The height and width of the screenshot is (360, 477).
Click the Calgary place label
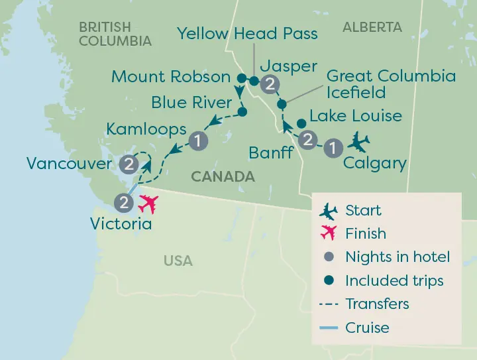coord(375,164)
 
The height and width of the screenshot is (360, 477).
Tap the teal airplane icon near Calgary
coord(360,141)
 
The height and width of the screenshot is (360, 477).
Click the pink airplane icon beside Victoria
coord(150,204)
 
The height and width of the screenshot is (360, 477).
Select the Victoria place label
coord(121,223)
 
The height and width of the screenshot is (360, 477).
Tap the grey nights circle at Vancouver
coord(130,164)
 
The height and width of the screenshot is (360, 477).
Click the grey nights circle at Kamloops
coord(199,140)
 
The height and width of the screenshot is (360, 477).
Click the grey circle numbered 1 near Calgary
coord(334,148)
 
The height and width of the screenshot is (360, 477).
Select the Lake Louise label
coord(356,116)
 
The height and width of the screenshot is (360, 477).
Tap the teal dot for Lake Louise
coord(301,123)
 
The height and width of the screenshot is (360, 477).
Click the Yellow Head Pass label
coord(248,33)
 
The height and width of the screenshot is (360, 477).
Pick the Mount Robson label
coord(171,76)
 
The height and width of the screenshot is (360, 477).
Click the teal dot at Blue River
coord(242,112)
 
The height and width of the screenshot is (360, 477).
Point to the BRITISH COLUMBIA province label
coord(115,34)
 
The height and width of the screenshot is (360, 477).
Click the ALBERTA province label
coord(372,27)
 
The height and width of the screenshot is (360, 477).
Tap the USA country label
coord(178,261)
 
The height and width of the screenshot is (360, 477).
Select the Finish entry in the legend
coord(365,233)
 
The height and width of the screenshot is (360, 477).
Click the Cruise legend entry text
coord(367,328)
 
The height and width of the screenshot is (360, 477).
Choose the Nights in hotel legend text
coord(397,257)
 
